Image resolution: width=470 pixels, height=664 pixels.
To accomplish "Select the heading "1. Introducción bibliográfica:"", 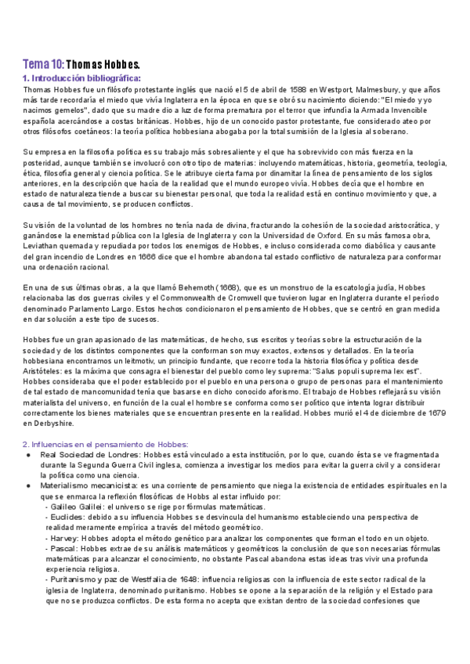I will tap(82, 78).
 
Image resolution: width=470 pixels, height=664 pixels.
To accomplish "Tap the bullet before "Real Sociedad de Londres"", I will tap(27, 454).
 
